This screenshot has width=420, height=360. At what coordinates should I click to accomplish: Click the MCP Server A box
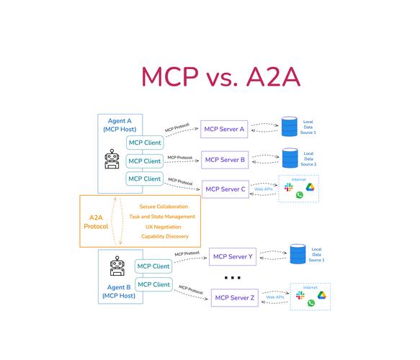pos(224,130)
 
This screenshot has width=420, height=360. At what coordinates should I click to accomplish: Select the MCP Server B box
pos(225,160)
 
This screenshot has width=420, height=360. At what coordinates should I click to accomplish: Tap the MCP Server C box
pos(225,189)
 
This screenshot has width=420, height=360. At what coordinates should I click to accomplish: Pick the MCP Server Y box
pos(233,257)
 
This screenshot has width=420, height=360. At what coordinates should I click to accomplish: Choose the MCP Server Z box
pos(235,297)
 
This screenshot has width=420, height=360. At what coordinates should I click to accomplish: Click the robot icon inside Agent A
pos(112,159)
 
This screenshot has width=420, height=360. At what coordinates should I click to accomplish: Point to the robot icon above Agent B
pos(117,266)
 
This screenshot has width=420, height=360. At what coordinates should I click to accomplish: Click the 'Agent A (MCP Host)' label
pos(120,125)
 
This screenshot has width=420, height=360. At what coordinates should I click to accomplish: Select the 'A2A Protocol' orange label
pos(96,222)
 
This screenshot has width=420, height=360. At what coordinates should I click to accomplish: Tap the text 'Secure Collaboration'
pos(164,207)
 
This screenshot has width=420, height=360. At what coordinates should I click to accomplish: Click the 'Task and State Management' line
pos(162,217)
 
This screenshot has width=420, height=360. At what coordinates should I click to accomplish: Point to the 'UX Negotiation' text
pos(164,227)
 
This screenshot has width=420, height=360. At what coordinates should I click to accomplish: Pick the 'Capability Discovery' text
pos(165,236)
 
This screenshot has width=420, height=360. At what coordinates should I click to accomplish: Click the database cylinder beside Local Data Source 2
pos(290,158)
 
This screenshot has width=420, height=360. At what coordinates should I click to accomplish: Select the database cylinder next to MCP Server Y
pos(298,253)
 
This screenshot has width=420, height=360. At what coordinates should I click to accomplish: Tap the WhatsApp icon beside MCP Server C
pos(300,195)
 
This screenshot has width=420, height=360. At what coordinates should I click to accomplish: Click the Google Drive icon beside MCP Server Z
pos(322,295)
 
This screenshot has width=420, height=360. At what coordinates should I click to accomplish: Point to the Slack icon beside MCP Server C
pos(288,187)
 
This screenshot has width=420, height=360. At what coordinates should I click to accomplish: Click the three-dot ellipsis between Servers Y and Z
pos(233,278)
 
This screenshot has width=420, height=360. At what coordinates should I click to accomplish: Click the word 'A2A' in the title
pos(273,77)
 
